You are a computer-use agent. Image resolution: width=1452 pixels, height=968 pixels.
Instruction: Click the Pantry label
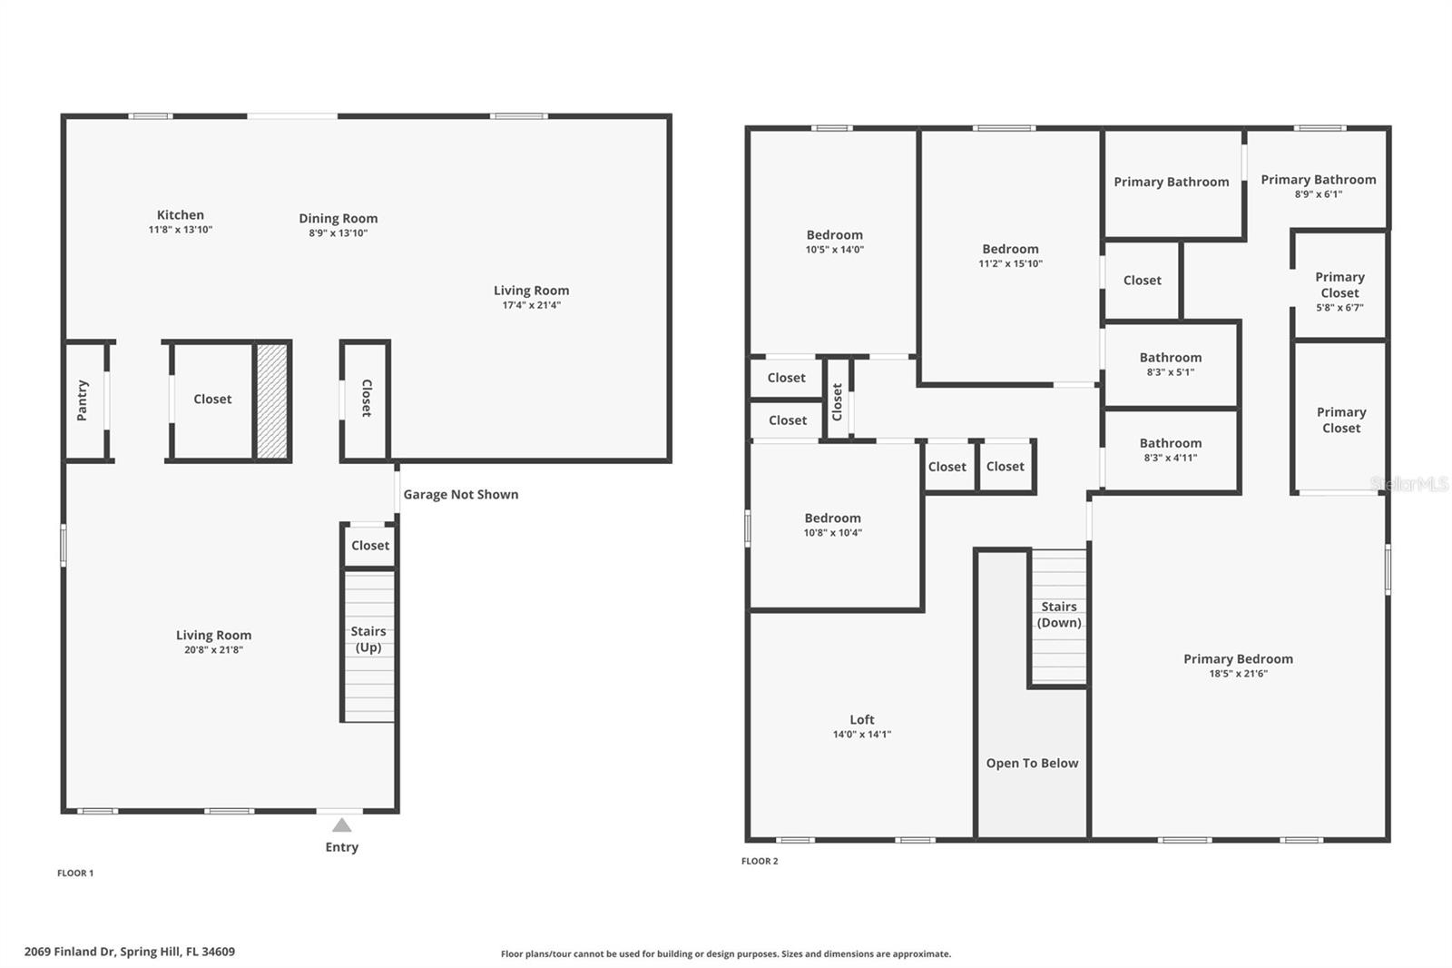point(83,400)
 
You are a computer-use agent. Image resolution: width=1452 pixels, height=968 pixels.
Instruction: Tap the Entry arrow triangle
point(341,825)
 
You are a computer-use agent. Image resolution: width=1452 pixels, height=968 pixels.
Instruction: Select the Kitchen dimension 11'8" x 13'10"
point(181,231)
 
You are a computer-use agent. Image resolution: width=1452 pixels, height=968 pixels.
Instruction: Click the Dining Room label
point(338,218)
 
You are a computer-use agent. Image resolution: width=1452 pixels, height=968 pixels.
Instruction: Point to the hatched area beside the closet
point(271,400)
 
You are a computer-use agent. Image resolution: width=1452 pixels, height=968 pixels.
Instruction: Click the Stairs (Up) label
point(368,639)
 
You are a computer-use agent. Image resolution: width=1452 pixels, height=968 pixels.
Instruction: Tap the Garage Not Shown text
point(461,495)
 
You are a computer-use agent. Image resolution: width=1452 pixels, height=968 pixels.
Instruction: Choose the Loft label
point(862,719)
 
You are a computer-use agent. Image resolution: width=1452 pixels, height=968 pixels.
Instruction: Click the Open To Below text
point(1032,764)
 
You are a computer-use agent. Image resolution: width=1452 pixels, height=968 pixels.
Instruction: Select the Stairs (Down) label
point(1059,615)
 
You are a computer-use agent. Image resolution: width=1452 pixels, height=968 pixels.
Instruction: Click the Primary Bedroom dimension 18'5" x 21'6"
point(1238,674)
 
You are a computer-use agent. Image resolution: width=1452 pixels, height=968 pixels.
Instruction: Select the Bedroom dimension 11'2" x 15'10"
point(1010,264)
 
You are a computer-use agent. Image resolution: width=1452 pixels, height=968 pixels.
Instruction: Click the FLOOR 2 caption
point(760,861)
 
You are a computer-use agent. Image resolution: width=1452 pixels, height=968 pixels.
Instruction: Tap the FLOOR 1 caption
point(75,873)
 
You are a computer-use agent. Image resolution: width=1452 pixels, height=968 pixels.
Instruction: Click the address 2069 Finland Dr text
point(130,952)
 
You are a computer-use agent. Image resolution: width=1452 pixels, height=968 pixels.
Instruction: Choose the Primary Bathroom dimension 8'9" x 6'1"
point(1319,194)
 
